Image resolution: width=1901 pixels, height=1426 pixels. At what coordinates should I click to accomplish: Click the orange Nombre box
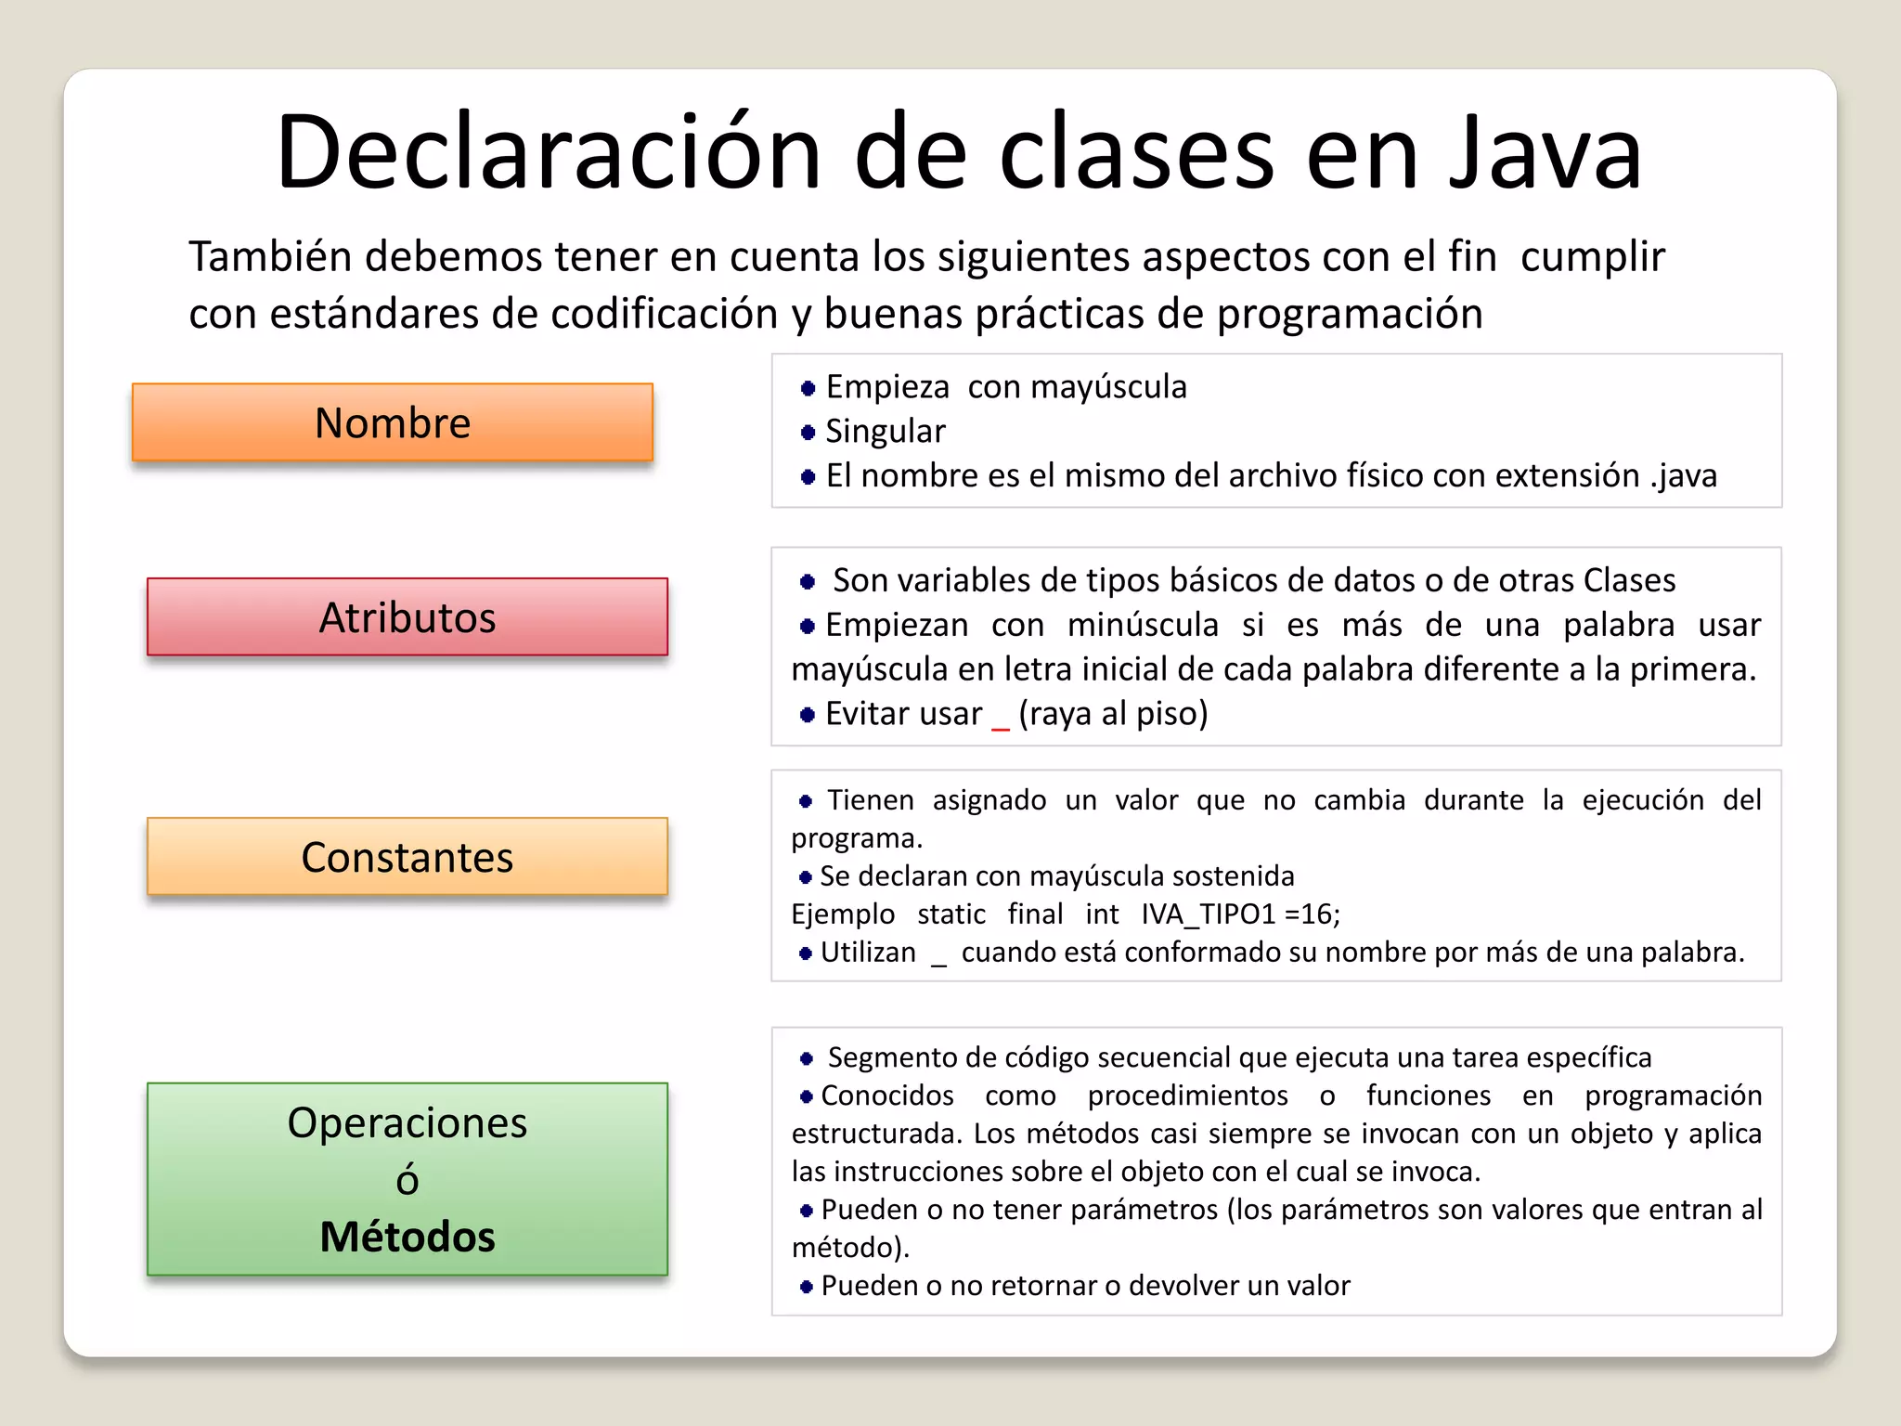click(393, 422)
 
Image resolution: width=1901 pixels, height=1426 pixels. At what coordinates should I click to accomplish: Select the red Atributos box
click(407, 617)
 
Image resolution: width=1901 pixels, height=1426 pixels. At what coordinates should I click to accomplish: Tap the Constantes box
click(407, 857)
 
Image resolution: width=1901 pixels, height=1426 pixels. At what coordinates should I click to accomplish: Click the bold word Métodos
click(407, 1237)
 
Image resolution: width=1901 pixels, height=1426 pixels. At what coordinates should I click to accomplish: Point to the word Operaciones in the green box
click(407, 1123)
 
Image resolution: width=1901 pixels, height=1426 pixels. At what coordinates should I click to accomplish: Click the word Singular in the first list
click(885, 432)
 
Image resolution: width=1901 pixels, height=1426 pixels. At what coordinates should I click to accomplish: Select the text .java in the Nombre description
click(1683, 476)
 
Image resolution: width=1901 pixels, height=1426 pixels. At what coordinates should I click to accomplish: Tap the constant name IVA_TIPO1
click(1209, 914)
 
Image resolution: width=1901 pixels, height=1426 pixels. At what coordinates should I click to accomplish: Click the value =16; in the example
click(1313, 914)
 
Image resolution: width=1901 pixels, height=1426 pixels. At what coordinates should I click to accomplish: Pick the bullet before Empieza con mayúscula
click(808, 388)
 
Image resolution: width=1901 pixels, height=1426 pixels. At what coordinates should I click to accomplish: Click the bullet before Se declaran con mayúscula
click(806, 877)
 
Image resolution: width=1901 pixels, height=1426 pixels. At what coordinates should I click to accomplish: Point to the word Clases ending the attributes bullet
click(1629, 580)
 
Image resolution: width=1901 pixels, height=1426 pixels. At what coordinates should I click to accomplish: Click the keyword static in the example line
click(951, 914)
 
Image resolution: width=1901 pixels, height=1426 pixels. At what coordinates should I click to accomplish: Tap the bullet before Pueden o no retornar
click(806, 1287)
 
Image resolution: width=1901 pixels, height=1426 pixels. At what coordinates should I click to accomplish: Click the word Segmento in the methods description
click(891, 1057)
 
